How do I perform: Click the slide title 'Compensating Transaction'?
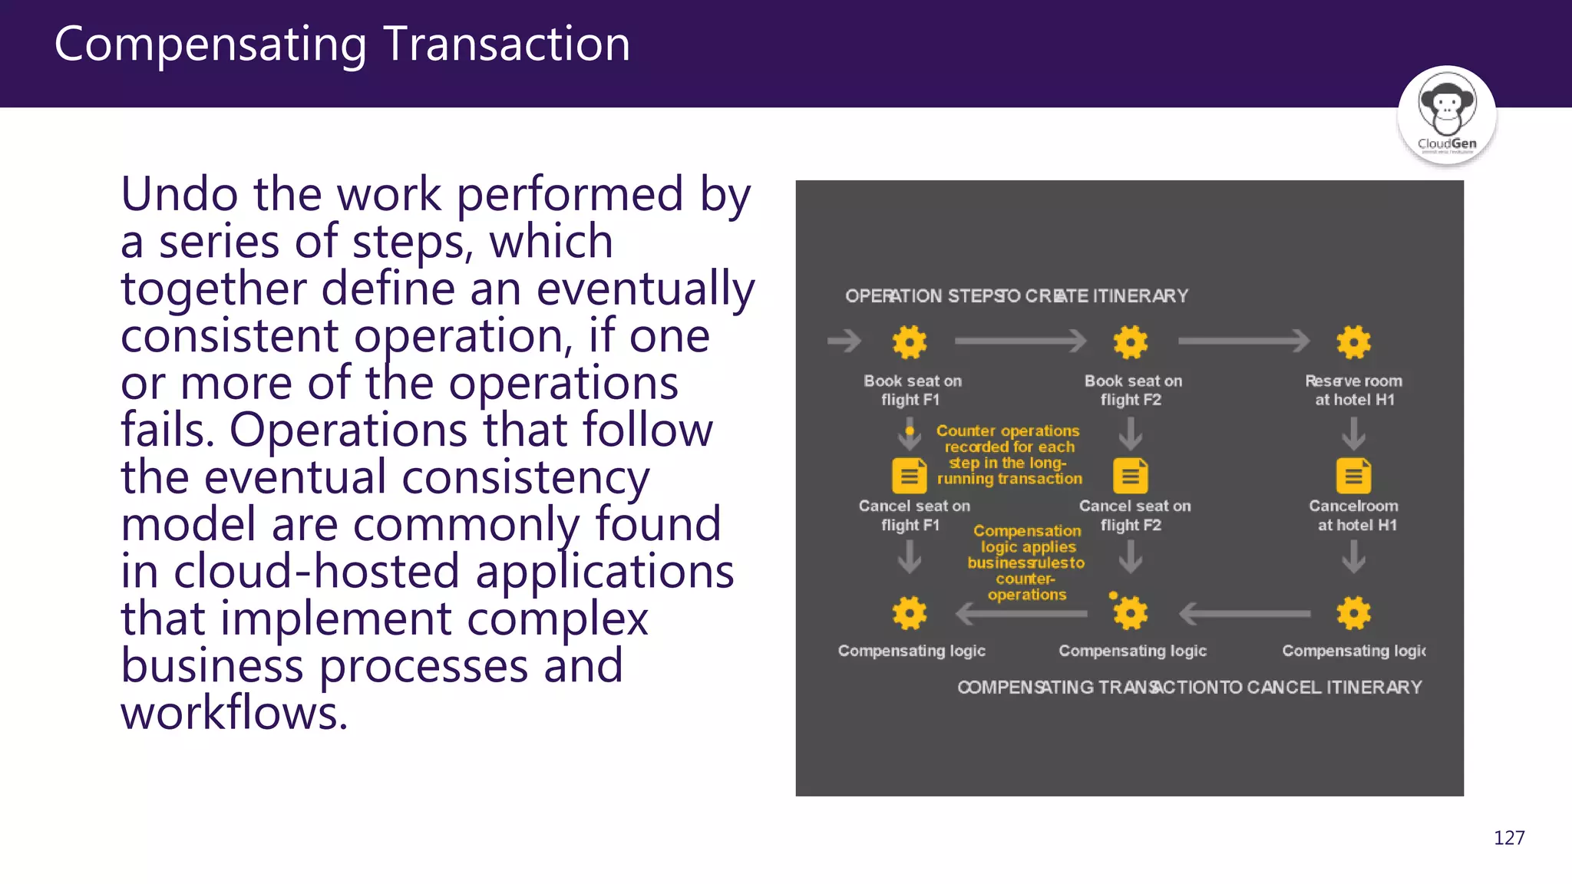pos(342,45)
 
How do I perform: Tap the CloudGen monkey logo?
pos(1447,114)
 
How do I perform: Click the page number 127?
pos(1508,838)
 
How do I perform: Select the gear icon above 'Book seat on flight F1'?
pos(910,342)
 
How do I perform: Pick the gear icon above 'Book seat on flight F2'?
pos(1131,342)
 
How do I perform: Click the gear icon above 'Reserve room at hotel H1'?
pos(1353,342)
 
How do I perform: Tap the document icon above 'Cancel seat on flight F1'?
pos(910,476)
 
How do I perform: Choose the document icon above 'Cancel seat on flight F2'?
pos(1131,476)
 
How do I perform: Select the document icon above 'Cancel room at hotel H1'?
pos(1353,476)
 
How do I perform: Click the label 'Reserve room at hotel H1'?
pos(1354,391)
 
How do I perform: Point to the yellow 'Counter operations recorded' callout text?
pos(1009,455)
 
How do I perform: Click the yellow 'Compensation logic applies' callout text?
pos(1027,562)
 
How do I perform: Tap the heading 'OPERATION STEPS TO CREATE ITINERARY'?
pos(1016,296)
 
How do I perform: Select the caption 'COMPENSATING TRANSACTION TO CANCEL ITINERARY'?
pos(1189,688)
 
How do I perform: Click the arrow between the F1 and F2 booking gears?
pos(1020,341)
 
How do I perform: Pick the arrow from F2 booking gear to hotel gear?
pos(1243,341)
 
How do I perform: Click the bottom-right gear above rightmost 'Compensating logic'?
pos(1353,613)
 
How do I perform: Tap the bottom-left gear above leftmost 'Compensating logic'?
pos(910,613)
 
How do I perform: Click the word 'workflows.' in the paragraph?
pos(234,713)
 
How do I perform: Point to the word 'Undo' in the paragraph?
pos(180,194)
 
